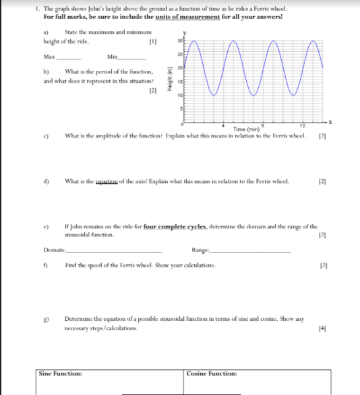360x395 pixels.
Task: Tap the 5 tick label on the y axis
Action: click(180, 109)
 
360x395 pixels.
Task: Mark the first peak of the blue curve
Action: click(193, 41)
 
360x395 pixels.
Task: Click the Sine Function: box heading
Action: click(61, 373)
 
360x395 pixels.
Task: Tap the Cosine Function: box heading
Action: click(212, 373)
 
